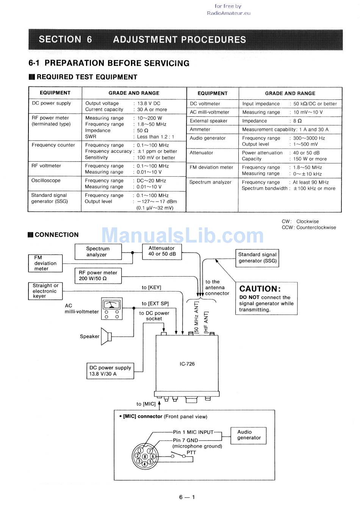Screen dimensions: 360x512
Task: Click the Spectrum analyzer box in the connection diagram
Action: pos(98,252)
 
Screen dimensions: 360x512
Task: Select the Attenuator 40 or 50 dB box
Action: pos(162,252)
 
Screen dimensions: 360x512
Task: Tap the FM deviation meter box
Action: pos(45,263)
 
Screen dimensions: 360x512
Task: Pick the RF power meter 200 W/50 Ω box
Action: pos(98,276)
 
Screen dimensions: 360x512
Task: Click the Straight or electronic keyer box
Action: pos(45,291)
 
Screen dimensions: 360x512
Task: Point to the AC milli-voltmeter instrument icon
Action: pos(112,308)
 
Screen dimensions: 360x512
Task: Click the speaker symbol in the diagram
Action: pos(106,337)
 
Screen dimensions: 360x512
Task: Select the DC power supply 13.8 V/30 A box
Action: pos(110,371)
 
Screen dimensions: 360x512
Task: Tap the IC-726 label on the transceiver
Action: pos(187,364)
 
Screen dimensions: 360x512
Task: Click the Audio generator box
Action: pos(248,435)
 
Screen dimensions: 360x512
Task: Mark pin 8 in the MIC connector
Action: pos(145,457)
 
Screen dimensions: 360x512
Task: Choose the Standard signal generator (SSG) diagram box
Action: pos(257,258)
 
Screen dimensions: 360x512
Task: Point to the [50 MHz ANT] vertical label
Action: pos(196,318)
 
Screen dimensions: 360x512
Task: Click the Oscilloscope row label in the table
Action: pos(46,180)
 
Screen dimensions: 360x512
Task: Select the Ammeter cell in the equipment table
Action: pos(200,129)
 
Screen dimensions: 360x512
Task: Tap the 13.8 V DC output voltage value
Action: pos(149,103)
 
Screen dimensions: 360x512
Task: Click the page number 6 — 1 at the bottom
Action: pos(187,497)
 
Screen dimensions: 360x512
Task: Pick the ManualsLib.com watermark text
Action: pos(182,235)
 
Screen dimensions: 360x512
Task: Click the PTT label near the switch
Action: pos(191,453)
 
